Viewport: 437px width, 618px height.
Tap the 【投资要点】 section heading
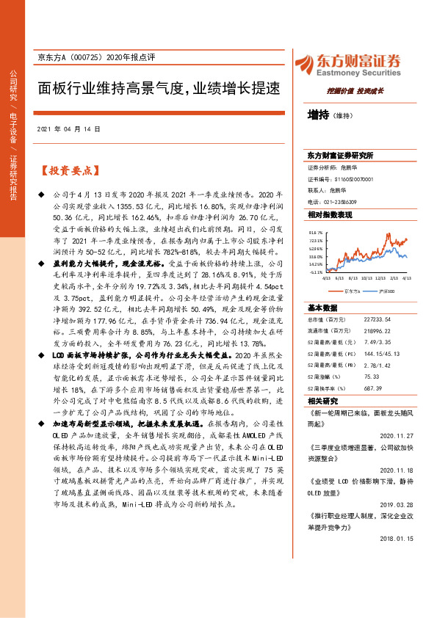[69, 170]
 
